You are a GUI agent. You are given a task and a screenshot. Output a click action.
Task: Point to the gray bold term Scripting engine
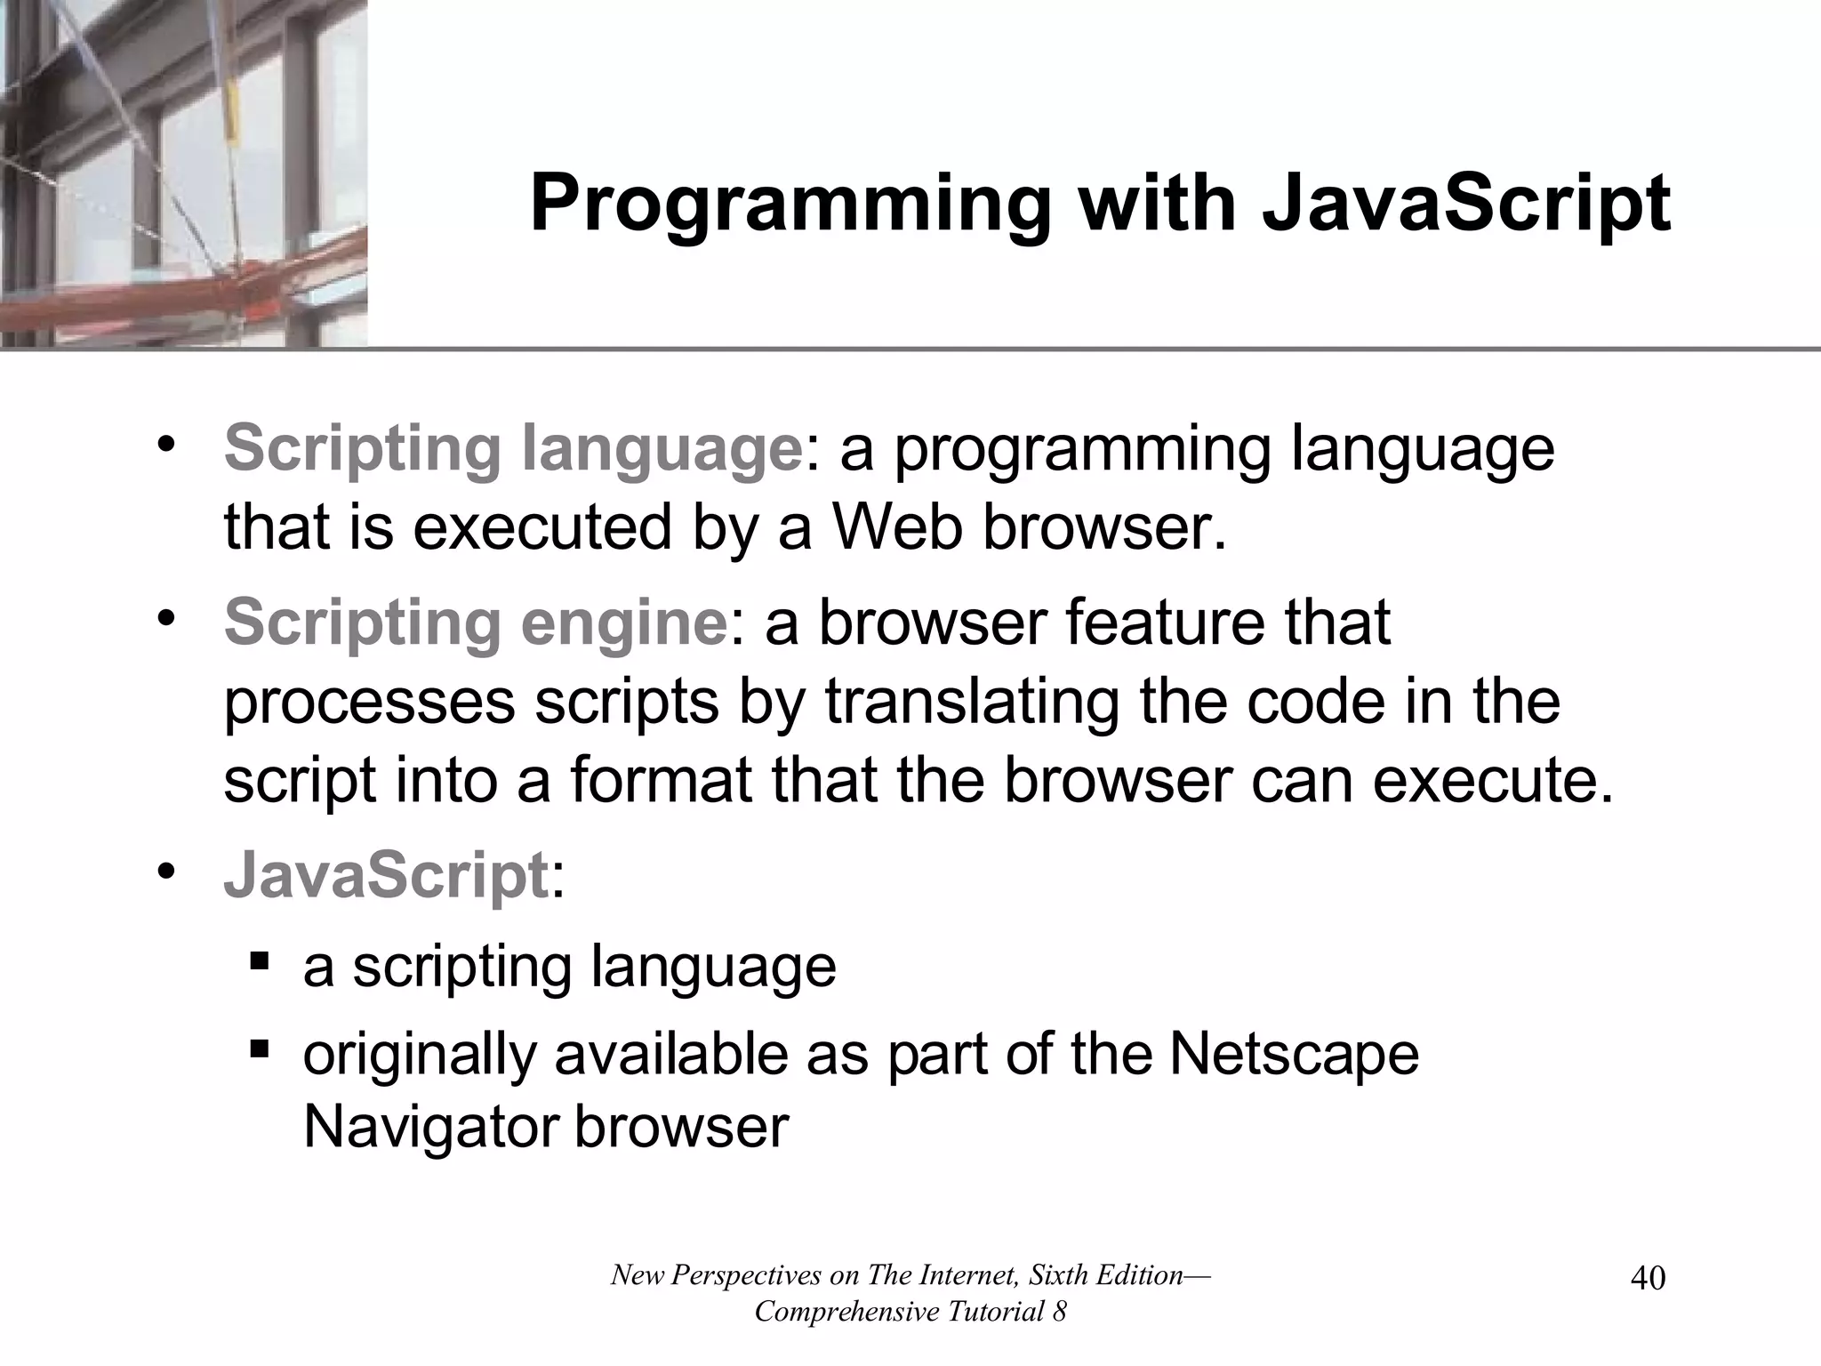[x=476, y=623]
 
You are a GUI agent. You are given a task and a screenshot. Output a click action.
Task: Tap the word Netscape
[x=1294, y=1054]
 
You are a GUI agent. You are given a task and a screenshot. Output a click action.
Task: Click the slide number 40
[x=1648, y=1279]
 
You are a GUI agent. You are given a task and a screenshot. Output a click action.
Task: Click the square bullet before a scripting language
[x=260, y=961]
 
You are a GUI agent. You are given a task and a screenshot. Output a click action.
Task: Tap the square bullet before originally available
[x=260, y=1049]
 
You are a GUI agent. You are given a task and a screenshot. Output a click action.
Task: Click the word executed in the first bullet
[x=542, y=526]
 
